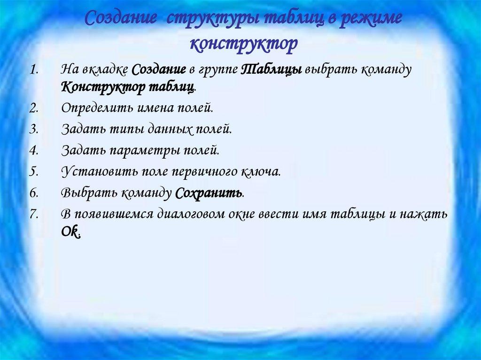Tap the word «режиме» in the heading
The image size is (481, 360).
coord(372,21)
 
